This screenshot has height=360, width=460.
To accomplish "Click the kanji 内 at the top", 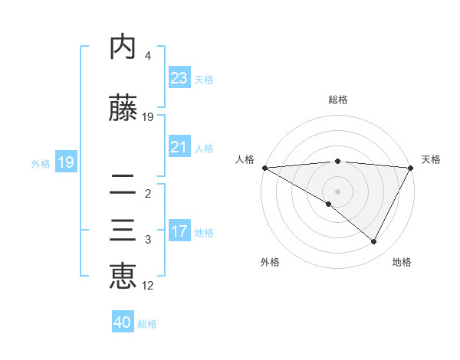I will coord(123,48).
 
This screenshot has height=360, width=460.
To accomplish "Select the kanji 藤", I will coord(123,110).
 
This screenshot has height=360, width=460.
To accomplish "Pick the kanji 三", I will coord(123,232).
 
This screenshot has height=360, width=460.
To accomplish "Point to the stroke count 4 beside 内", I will coord(148,56).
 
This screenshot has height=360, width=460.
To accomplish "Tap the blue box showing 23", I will coord(179,77).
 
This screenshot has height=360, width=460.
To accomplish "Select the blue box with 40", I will coord(122,322).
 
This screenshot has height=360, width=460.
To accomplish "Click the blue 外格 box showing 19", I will coord(65,162).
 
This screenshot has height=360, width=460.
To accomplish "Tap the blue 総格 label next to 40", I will coord(147,324).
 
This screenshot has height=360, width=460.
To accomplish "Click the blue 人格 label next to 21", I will coord(204,148).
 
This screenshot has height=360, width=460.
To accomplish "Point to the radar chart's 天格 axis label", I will coord(431,159).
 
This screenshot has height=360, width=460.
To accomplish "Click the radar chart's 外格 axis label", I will coord(270,262).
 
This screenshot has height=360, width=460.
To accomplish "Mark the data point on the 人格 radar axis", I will coord(264,167).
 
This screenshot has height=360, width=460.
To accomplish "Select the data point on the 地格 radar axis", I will coord(374,242).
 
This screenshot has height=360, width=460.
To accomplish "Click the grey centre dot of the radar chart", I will coord(337,191).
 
